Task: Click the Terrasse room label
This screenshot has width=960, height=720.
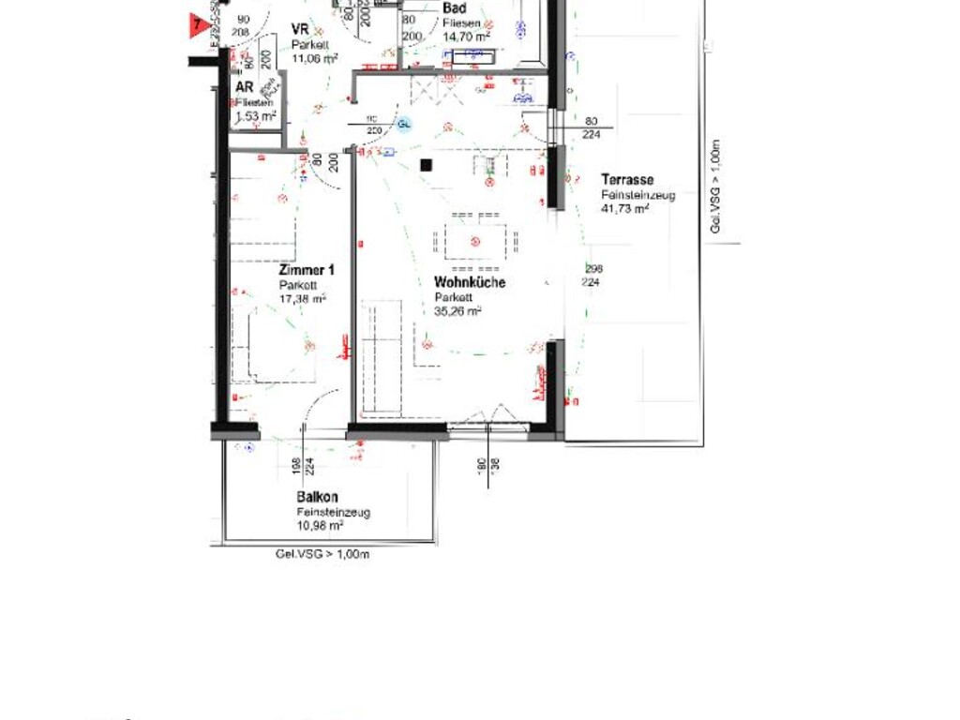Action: [627, 179]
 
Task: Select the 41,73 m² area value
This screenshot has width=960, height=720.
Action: [625, 208]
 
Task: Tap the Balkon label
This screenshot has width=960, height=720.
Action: [318, 498]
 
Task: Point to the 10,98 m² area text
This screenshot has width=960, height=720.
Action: [320, 526]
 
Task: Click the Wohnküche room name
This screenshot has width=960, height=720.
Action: [470, 282]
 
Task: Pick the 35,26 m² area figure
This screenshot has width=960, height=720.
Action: [457, 311]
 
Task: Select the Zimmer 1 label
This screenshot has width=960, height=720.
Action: [307, 270]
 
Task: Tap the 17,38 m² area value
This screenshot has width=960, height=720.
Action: [302, 299]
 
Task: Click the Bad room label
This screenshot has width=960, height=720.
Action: [455, 8]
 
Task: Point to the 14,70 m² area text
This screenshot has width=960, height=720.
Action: [466, 37]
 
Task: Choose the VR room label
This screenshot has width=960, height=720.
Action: [300, 29]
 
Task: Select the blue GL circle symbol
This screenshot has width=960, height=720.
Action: [405, 124]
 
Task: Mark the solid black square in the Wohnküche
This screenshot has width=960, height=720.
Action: [426, 165]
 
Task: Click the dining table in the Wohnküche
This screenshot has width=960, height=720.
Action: [475, 242]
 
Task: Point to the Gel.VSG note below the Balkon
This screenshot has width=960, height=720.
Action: [322, 554]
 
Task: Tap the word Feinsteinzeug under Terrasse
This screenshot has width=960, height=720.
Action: [639, 194]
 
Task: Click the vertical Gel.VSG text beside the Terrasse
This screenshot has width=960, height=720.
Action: [715, 187]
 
